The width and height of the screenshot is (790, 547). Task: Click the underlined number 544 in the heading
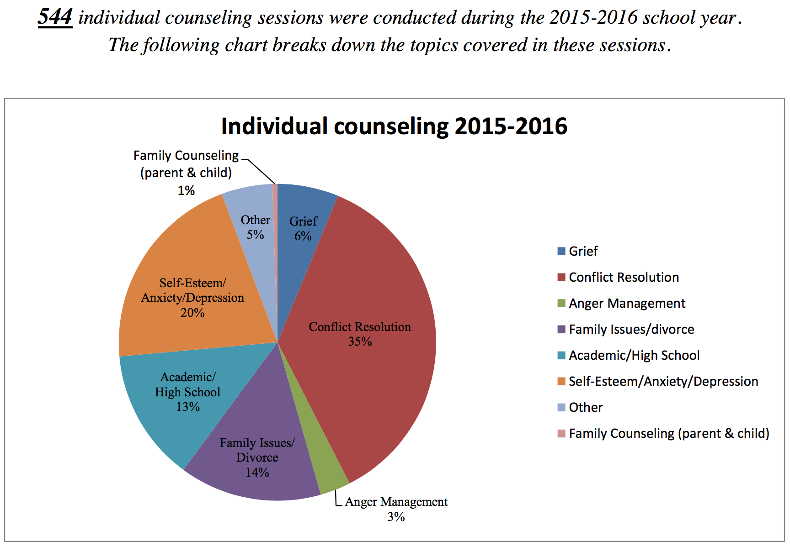tap(55, 17)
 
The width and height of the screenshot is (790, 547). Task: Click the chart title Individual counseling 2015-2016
tap(394, 126)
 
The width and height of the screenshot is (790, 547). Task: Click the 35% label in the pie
tap(360, 342)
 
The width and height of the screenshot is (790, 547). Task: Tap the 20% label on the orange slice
tap(192, 313)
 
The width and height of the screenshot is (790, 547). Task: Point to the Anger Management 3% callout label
tap(396, 509)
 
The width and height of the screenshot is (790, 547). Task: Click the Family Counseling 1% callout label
tap(186, 173)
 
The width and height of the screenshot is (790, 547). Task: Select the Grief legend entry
tap(583, 251)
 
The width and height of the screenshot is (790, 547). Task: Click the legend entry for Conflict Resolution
tap(624, 277)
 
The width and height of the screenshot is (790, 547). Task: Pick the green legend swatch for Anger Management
tap(561, 303)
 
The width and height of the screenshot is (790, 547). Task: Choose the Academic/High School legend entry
tap(634, 355)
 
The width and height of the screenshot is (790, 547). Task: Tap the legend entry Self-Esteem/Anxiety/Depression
tap(663, 381)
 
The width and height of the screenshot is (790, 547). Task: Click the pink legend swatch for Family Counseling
tap(561, 433)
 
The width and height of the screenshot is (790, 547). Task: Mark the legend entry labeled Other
tap(586, 407)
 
